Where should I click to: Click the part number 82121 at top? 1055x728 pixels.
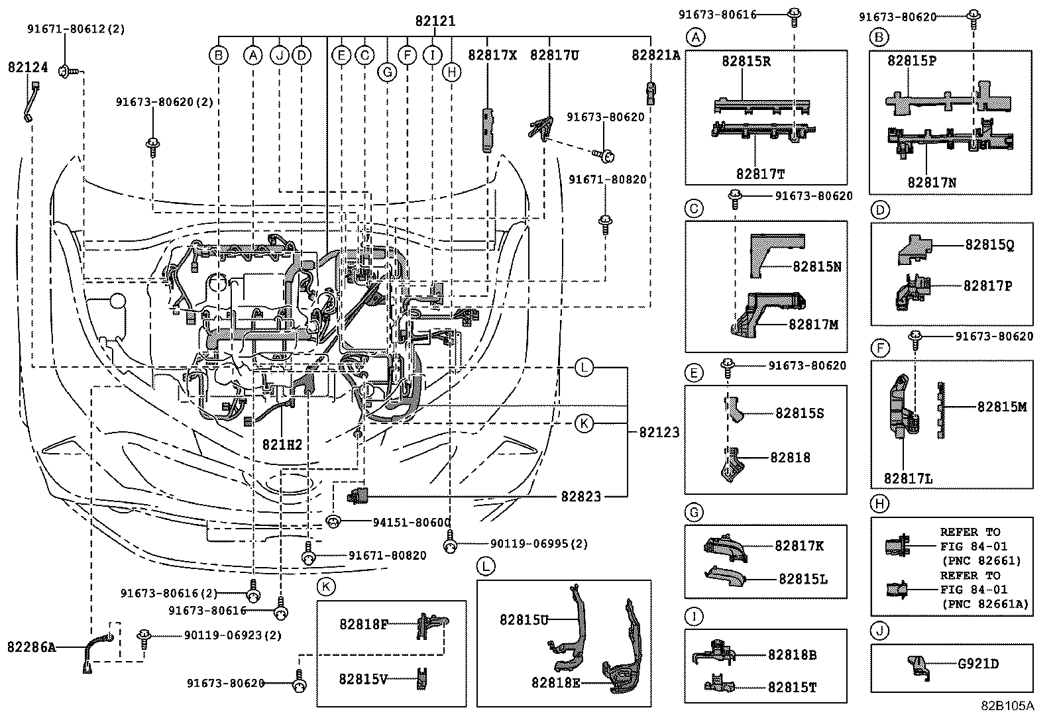(x=435, y=21)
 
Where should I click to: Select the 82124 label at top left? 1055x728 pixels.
(x=28, y=67)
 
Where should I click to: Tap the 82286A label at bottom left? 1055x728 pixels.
(x=32, y=647)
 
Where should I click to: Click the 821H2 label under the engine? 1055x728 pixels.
(x=281, y=444)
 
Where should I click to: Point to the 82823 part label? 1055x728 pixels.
(x=581, y=495)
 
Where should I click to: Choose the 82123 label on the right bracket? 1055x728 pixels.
(x=659, y=433)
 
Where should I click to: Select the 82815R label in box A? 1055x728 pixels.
(x=746, y=61)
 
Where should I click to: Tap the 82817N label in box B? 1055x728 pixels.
(x=932, y=182)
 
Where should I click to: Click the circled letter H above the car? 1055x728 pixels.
(x=451, y=72)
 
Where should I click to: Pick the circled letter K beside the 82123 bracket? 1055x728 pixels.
(x=584, y=423)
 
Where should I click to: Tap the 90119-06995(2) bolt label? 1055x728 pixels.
(x=539, y=544)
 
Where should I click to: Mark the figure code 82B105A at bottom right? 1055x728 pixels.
(x=1007, y=705)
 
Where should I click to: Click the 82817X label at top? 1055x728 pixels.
(x=492, y=55)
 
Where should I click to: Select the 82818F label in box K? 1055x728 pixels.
(x=364, y=623)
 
